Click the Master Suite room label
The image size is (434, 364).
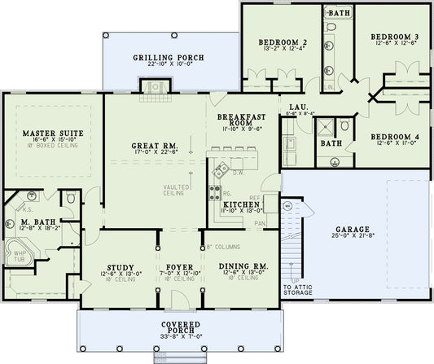tap(50, 132)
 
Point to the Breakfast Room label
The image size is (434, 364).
tap(240, 118)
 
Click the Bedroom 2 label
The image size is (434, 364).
tap(282, 42)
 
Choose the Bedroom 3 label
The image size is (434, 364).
tap(394, 37)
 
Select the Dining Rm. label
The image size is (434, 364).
tap(240, 265)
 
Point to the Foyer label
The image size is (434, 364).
tap(180, 265)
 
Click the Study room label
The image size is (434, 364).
tap(120, 265)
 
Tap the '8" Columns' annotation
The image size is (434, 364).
tap(223, 245)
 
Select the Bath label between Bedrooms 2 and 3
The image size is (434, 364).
tap(335, 14)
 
